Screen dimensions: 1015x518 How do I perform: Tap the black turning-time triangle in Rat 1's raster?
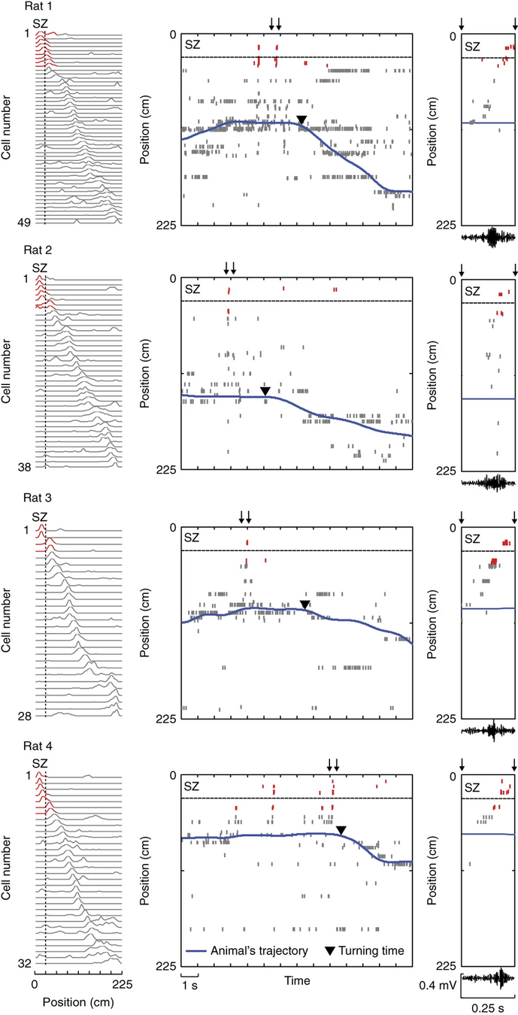tap(301, 120)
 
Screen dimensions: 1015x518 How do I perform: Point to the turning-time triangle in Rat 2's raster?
tap(265, 391)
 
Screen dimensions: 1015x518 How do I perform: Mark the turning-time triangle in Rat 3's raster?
tap(304, 604)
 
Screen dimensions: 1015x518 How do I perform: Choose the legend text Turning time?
tap(373, 950)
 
